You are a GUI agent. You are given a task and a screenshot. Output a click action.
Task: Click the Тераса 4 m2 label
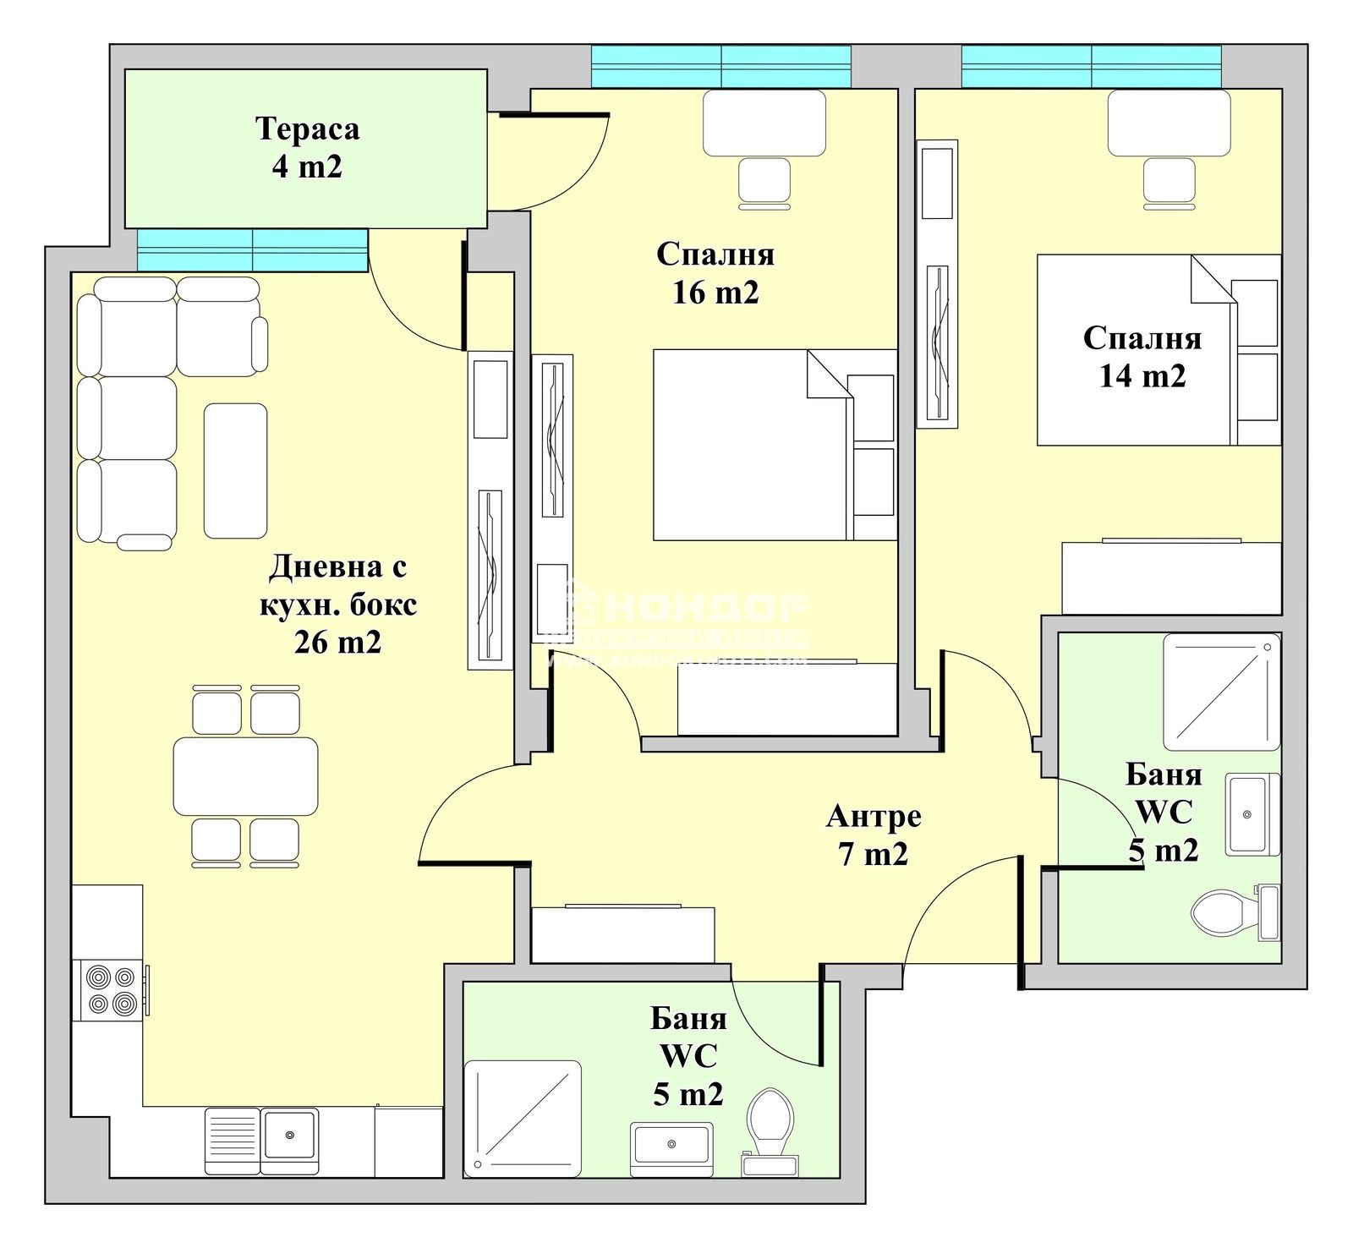click(307, 148)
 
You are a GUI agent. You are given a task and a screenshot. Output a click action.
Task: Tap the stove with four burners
click(112, 990)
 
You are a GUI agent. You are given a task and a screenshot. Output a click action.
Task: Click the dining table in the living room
click(245, 776)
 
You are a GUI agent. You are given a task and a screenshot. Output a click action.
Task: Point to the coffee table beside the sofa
click(236, 470)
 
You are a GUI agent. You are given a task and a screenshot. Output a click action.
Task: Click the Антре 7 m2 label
click(874, 835)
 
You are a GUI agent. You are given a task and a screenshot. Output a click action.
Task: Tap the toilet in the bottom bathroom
click(770, 1120)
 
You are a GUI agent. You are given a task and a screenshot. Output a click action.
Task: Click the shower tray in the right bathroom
click(1220, 692)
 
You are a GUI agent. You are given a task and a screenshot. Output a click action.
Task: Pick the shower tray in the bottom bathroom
click(523, 1118)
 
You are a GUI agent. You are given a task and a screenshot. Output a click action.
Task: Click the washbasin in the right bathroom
click(1249, 815)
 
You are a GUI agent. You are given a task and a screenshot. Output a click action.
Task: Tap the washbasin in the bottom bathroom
click(671, 1145)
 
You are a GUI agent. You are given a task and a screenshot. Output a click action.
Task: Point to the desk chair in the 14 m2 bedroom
click(1169, 183)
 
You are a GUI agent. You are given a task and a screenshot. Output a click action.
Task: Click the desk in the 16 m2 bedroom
click(764, 123)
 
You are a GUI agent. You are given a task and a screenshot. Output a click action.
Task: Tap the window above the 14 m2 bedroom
click(1091, 66)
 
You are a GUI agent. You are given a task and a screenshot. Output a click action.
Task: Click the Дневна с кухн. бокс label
click(337, 604)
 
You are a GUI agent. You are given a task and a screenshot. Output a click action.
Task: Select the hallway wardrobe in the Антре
click(622, 934)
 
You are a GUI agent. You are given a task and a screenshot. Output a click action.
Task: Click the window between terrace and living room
click(252, 249)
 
